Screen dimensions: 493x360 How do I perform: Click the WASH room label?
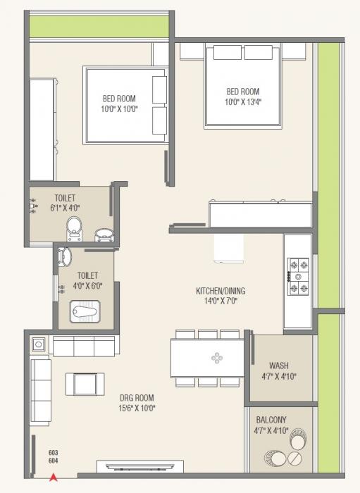pos(279,366)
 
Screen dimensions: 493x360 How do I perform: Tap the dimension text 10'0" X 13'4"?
pos(243,103)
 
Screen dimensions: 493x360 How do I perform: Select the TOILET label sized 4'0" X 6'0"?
pos(87,275)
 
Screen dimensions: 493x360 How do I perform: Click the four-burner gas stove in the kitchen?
pos(298,276)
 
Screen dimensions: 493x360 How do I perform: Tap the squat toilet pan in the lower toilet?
pos(87,309)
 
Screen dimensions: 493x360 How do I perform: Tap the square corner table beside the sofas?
pos(39,345)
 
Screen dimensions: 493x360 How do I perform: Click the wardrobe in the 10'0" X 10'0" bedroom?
pos(42,130)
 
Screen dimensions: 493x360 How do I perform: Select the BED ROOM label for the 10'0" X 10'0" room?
pos(119,99)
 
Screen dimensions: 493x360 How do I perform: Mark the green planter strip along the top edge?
pos(99,25)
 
